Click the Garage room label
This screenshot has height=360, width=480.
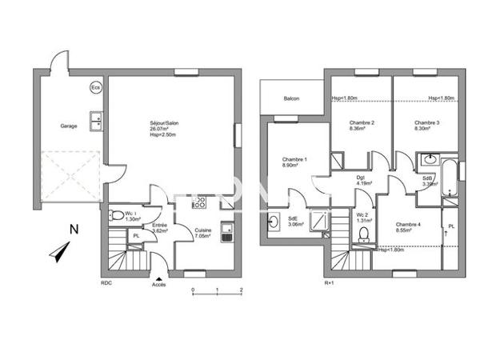coord(69,126)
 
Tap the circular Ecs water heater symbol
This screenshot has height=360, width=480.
coord(96,87)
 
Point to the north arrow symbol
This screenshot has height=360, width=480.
coord(58,254)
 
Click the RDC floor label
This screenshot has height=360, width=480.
coord(106,283)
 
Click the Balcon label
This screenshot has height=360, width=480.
coord(291,98)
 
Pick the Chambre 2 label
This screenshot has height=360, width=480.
coord(362,124)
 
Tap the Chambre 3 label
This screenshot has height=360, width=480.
coord(427,124)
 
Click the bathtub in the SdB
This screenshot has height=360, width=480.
coord(450,179)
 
